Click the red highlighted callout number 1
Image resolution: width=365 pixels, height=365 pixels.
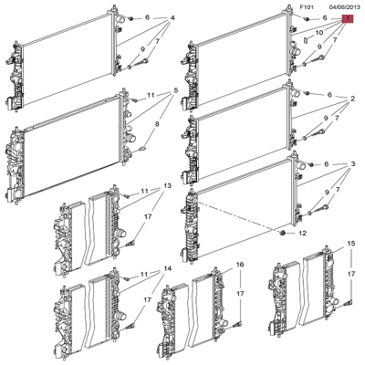(x=347, y=18)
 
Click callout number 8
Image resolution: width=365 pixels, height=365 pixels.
(x=157, y=124)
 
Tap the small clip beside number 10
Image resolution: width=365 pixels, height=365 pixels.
(x=303, y=41)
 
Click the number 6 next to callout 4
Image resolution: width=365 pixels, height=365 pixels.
(x=147, y=18)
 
